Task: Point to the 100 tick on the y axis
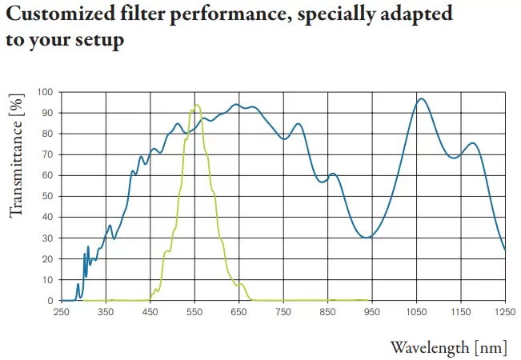(45, 92)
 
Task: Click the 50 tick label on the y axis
(47, 197)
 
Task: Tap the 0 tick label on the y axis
(50, 301)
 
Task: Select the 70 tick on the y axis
(47, 154)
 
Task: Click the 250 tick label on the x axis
(62, 313)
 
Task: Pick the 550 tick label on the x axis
(194, 313)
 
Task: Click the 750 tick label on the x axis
(283, 313)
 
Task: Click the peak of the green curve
(195, 106)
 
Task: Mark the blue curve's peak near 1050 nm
(421, 98)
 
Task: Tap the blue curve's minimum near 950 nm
(367, 238)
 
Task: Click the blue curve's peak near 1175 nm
(472, 143)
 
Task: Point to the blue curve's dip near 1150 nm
(455, 158)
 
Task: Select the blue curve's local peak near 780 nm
(298, 123)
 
